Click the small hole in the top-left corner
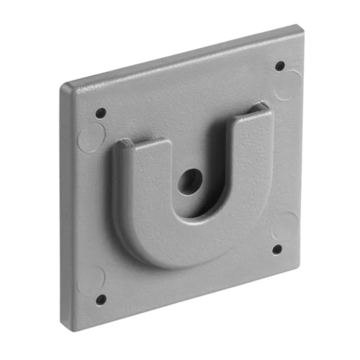pyautogui.click(x=100, y=113)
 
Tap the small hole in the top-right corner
pyautogui.click(x=280, y=66)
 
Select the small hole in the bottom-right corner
pyautogui.click(x=277, y=249)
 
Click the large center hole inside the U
pyautogui.click(x=190, y=182)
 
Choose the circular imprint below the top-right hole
pyautogui.click(x=288, y=85)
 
